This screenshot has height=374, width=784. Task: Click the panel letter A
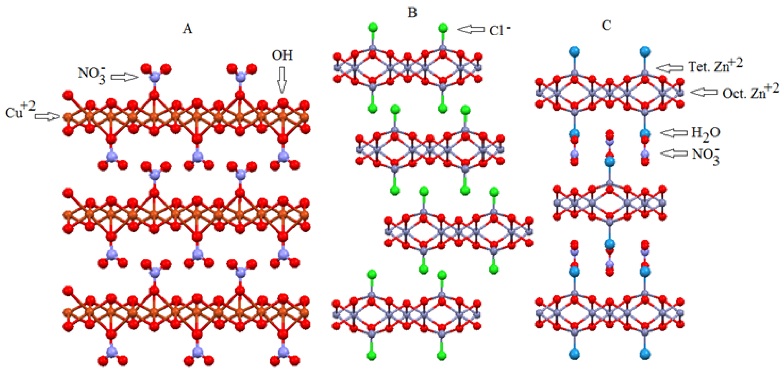[x=187, y=29]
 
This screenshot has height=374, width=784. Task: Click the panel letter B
[x=412, y=13]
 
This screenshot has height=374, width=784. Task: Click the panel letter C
[x=607, y=26]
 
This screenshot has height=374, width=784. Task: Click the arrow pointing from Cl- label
[x=471, y=29]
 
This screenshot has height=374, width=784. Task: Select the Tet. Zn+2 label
[x=715, y=65]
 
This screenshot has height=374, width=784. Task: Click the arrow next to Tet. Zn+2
[x=670, y=68]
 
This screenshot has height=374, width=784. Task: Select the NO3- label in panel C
[x=705, y=155]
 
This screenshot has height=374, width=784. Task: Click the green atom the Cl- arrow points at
[x=443, y=28]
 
